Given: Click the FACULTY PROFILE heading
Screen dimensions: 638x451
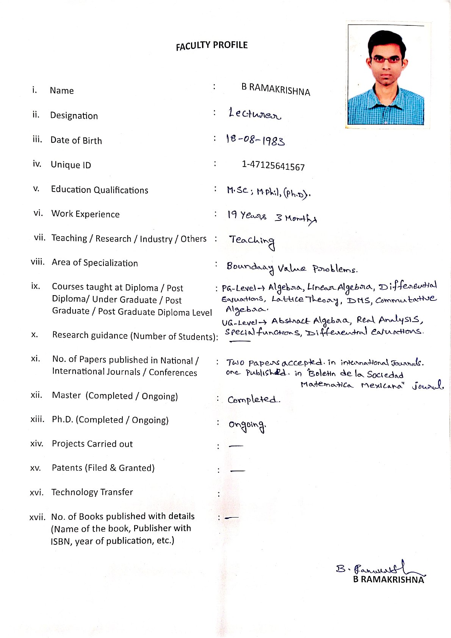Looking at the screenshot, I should click(211, 45).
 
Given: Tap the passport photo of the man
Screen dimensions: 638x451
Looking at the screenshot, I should click(386, 75).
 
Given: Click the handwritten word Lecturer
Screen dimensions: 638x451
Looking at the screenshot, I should click(255, 114).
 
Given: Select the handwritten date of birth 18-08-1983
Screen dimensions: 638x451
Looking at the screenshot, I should click(255, 140).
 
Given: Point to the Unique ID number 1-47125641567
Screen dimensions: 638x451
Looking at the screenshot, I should click(273, 166).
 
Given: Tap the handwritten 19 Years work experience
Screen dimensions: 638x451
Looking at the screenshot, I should click(247, 216).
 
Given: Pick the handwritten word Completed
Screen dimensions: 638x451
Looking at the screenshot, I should click(254, 399).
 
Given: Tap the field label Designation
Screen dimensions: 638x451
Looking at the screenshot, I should click(74, 116).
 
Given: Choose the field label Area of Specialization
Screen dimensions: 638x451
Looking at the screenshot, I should click(95, 263).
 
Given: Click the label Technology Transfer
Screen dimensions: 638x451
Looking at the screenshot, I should click(92, 492).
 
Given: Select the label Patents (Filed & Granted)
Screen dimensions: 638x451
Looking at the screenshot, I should click(103, 468).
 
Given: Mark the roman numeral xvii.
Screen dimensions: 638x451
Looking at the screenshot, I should click(37, 517).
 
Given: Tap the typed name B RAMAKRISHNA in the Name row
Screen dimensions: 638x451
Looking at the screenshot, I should click(276, 89).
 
